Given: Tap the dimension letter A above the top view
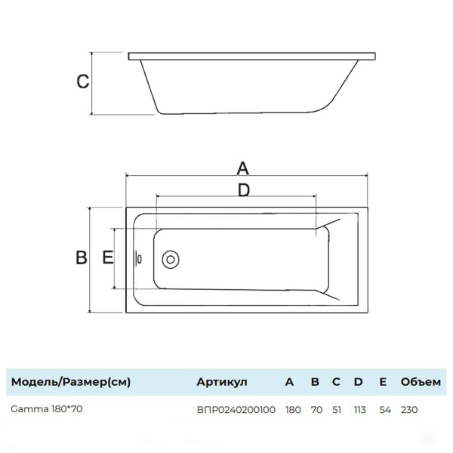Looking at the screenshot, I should coord(243,167).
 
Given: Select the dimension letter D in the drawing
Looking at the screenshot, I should coord(243,190).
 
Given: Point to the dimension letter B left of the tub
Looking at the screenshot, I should coord(82,257).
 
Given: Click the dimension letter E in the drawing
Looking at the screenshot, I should coord(108,257).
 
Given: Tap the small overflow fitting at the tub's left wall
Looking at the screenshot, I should coord(138,258).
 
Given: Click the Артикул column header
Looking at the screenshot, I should coord(221,381).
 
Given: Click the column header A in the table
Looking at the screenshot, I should coord(289,381).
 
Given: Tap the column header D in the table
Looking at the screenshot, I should coord(359,381).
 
